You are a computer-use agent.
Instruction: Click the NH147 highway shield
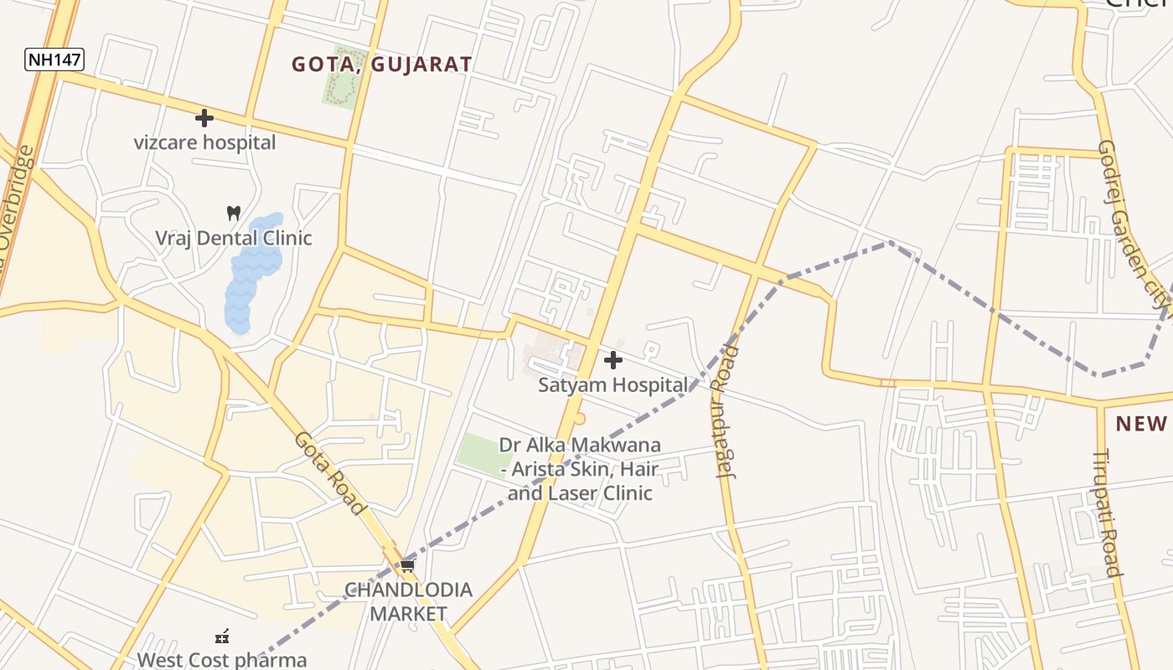click(x=54, y=59)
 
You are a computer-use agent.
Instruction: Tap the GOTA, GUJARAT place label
click(x=381, y=64)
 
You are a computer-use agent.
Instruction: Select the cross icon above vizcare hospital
click(x=204, y=118)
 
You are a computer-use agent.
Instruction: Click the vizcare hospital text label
click(x=204, y=142)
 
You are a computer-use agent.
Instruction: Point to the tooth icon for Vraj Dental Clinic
click(x=234, y=214)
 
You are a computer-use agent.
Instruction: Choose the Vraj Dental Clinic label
click(x=233, y=238)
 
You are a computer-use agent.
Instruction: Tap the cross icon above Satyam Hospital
click(x=613, y=360)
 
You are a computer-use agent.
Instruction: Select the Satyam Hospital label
click(x=612, y=385)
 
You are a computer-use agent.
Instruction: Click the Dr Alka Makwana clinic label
click(x=580, y=469)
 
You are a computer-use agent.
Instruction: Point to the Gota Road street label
click(x=330, y=474)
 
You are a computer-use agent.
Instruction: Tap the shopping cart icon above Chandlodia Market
click(x=407, y=566)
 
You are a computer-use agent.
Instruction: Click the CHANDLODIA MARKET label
click(x=409, y=601)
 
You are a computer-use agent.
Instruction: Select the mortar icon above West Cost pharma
click(x=222, y=636)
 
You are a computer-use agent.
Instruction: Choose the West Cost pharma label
click(x=222, y=659)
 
